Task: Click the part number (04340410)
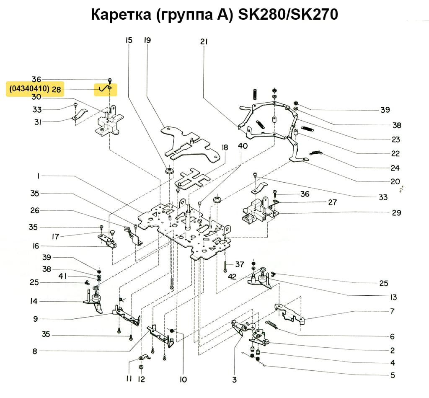coord(28,89)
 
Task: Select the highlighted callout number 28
coord(57,89)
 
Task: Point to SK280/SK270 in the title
coord(288,15)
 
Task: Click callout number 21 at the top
coord(204,42)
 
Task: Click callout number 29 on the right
coord(396,213)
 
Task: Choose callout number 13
coord(392,298)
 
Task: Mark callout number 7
coord(392,311)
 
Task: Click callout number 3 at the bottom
coord(234,380)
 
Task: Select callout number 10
coord(183,380)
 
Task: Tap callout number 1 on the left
coord(38,177)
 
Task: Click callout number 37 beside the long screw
coord(239,264)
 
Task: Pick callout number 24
coord(395,168)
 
